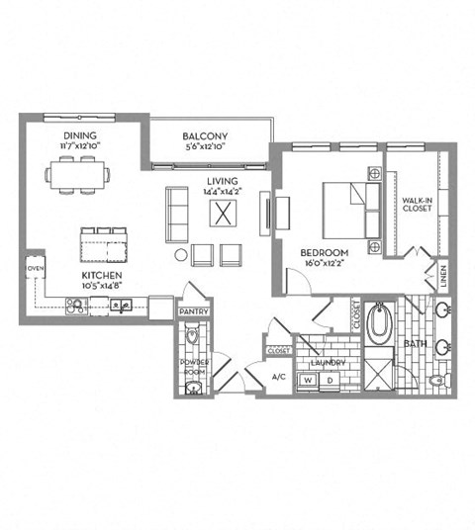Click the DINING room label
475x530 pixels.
click(x=79, y=135)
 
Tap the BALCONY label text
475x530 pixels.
click(x=206, y=136)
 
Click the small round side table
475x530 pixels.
click(x=181, y=255)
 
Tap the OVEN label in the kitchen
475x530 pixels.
click(x=34, y=268)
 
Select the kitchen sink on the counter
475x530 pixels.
click(x=123, y=306)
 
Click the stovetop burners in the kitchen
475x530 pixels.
click(x=75, y=306)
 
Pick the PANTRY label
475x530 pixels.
click(x=192, y=312)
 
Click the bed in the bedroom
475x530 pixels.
click(x=346, y=208)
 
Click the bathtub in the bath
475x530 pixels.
click(x=380, y=325)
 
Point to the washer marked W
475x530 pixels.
click(x=309, y=380)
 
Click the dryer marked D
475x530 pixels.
click(x=330, y=380)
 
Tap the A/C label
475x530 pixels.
click(x=251, y=377)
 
